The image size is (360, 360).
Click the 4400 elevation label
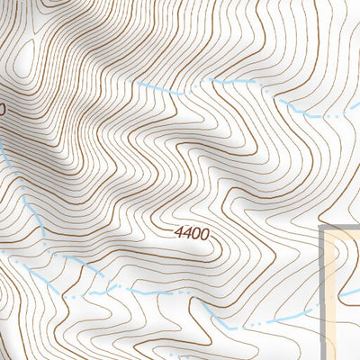point(192,233)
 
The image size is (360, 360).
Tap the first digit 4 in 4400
point(179,233)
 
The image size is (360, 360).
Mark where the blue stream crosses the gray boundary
point(323,310)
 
